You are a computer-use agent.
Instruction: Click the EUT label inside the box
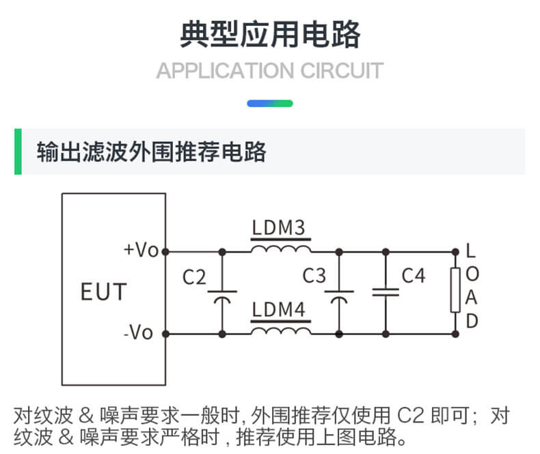[103, 292]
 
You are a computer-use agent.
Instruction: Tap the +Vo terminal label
[141, 251]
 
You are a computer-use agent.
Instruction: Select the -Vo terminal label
[139, 333]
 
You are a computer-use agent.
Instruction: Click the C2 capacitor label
[194, 278]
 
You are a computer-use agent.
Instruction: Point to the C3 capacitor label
[314, 276]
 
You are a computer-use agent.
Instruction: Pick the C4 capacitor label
[413, 276]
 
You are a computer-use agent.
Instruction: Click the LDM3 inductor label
[278, 228]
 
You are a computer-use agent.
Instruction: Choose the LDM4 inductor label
[278, 311]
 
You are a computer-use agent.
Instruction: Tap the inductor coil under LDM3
[280, 249]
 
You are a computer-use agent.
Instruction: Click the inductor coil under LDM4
[280, 331]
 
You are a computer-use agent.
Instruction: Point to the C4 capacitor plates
[386, 292]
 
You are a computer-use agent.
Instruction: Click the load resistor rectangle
[455, 291]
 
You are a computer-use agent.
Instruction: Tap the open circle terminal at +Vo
[165, 251]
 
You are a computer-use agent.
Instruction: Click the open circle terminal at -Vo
[165, 334]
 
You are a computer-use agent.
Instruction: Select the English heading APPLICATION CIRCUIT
[269, 71]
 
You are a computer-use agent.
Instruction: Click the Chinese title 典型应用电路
[269, 33]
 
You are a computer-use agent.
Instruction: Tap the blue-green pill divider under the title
[269, 104]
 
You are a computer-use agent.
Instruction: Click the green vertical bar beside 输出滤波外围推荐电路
[18, 151]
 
